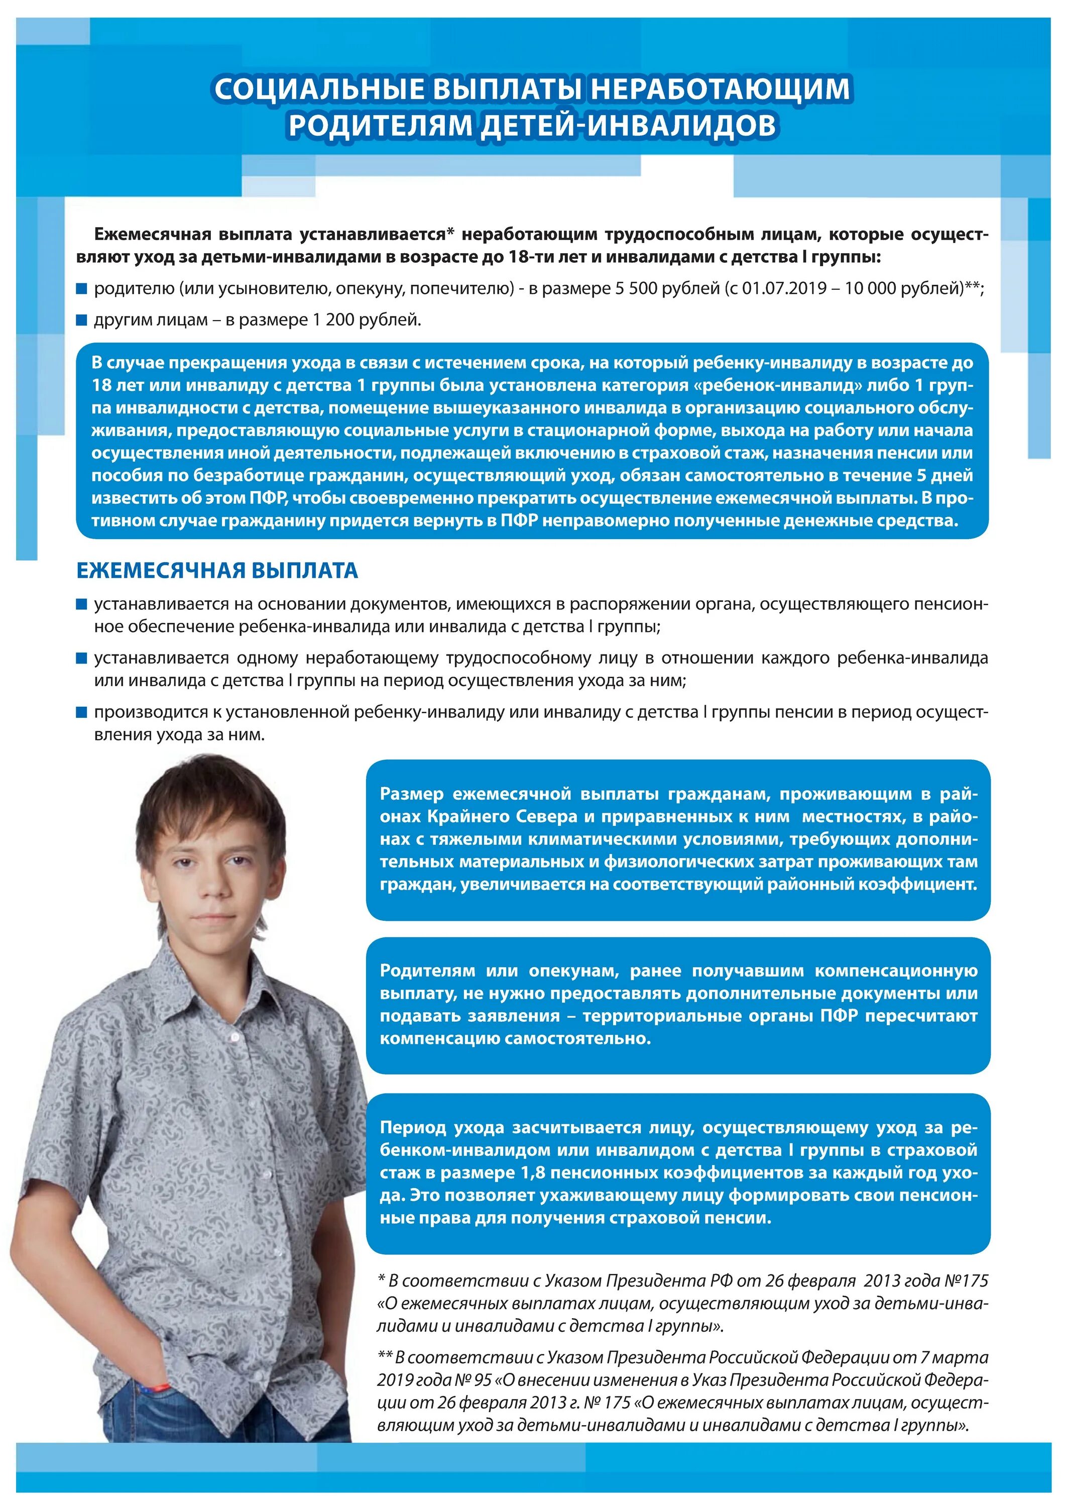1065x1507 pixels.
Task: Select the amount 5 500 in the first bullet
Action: pos(635,288)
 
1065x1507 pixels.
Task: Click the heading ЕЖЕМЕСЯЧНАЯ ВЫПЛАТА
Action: pos(217,570)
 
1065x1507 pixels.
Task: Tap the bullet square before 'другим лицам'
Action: pos(81,320)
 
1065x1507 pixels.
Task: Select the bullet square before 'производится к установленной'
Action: pos(81,712)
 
